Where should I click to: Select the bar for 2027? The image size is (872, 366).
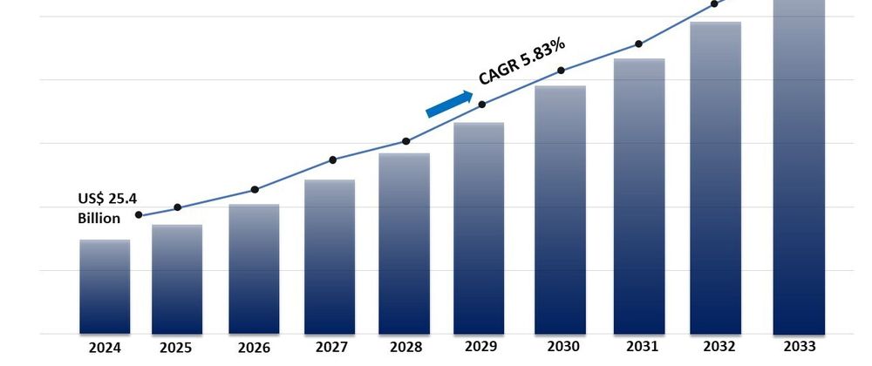tap(330, 256)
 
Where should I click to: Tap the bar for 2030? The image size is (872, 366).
tap(560, 209)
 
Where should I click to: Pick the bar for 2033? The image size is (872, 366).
tap(799, 166)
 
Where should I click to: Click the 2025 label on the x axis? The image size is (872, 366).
tap(176, 348)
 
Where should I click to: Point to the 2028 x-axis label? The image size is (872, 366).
tap(405, 348)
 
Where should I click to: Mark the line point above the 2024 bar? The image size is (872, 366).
tap(139, 215)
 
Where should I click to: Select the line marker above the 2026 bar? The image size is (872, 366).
tap(255, 189)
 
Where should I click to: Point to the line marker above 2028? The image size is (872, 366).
tap(405, 141)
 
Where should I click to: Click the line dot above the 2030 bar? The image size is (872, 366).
tap(561, 71)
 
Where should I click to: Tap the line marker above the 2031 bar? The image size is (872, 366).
tap(639, 44)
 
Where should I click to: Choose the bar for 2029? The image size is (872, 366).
tap(480, 227)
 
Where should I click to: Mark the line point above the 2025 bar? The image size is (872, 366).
tap(178, 207)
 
